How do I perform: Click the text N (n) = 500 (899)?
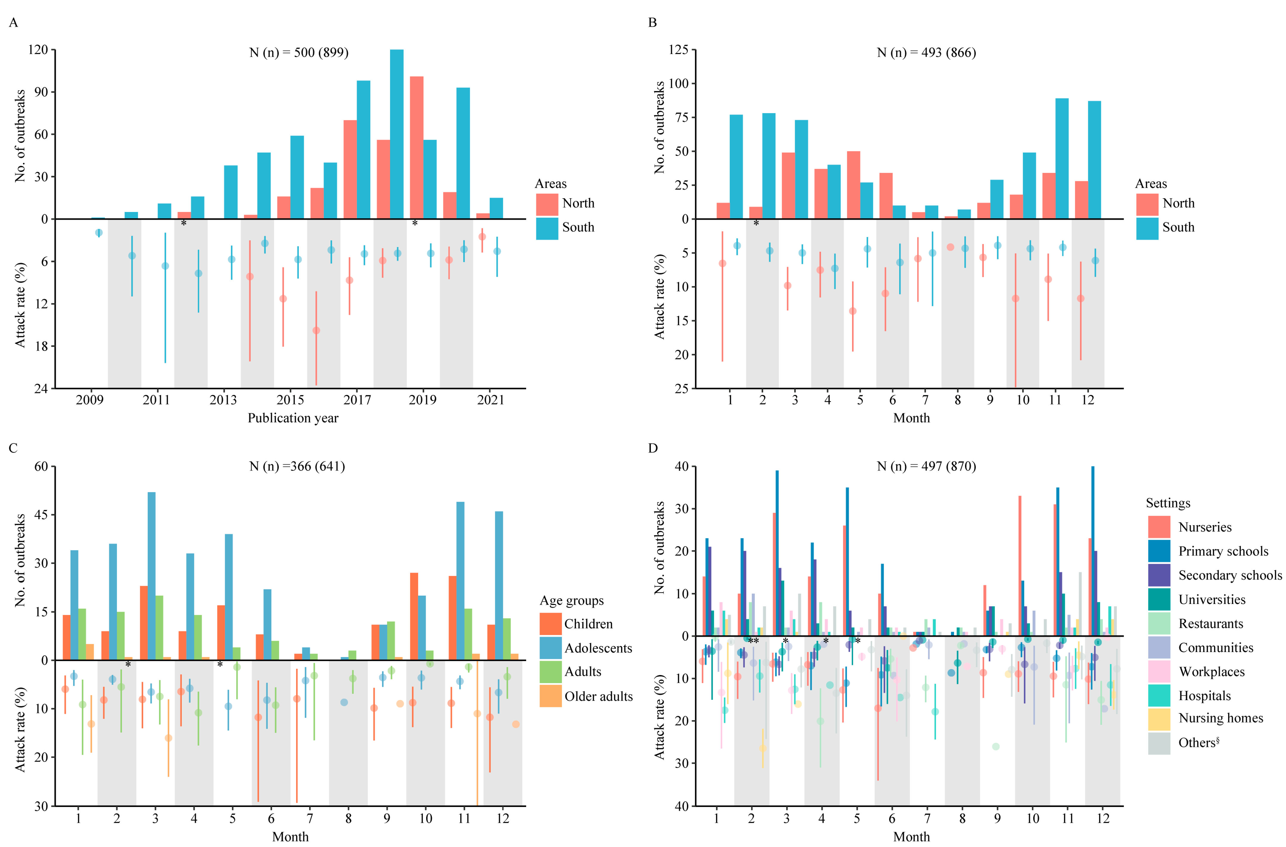(x=299, y=53)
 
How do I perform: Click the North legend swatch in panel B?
(x=1147, y=204)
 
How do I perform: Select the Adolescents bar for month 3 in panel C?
(x=151, y=576)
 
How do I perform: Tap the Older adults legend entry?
(x=598, y=696)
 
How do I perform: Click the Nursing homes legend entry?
(x=1221, y=718)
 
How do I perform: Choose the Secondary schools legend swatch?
(x=1159, y=575)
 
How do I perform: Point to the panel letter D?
(x=653, y=448)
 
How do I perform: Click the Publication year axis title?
(x=293, y=418)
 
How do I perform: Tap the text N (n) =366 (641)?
(x=297, y=466)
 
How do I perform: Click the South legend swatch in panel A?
(x=546, y=227)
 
